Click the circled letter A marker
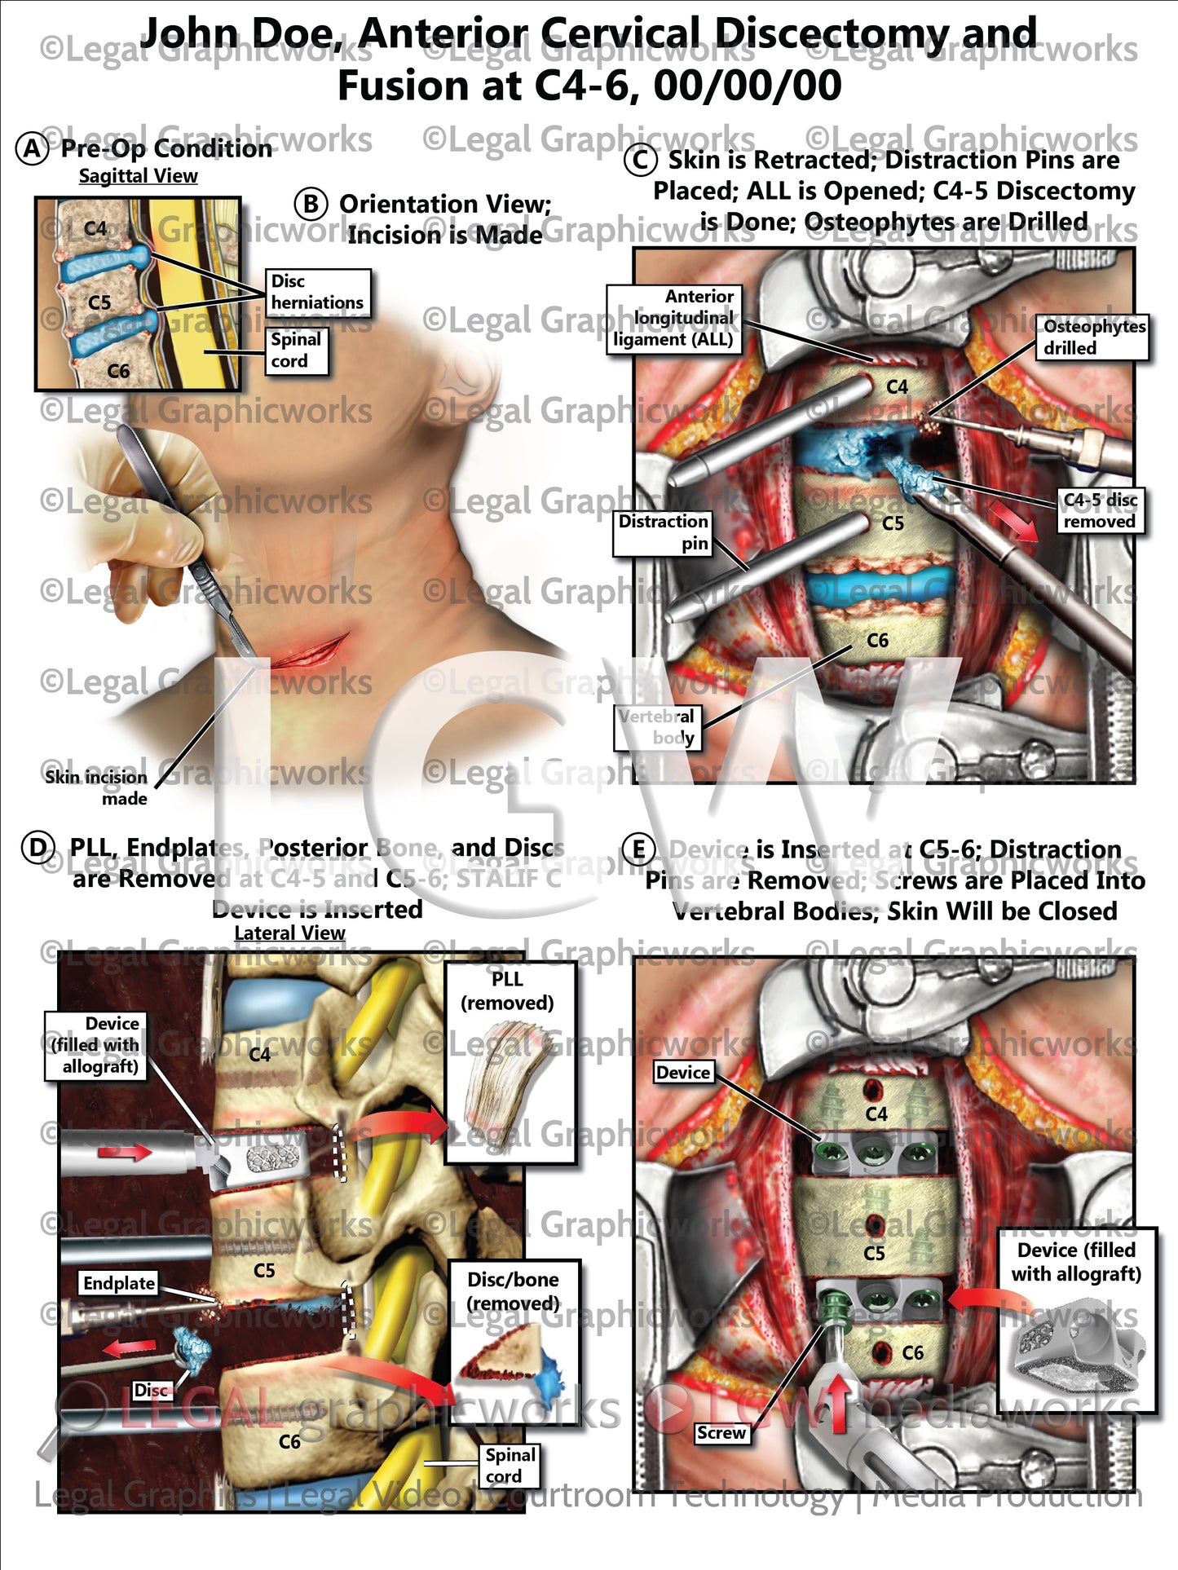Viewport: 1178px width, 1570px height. pos(32,149)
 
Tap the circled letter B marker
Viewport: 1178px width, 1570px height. pos(311,204)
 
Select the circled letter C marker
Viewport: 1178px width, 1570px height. pos(640,161)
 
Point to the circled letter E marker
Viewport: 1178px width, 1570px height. pos(638,850)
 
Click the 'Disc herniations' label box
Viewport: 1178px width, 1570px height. pos(317,293)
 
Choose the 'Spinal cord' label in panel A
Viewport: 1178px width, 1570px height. pos(296,351)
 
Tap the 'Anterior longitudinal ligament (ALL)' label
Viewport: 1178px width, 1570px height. pos(673,319)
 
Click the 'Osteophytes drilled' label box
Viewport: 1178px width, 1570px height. pos(1093,337)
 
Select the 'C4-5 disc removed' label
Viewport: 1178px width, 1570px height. pos(1100,511)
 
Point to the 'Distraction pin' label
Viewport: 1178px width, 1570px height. pos(663,532)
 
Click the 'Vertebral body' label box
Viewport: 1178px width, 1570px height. pos(656,727)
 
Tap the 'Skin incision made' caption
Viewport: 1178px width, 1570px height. pos(96,787)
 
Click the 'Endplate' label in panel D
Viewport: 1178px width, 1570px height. pos(119,1283)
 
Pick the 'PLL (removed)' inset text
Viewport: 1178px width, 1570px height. pos(507,990)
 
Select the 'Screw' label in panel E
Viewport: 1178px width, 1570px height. pos(721,1433)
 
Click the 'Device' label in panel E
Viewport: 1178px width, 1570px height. pos(683,1072)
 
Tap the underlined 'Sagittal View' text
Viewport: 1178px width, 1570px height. pos(138,176)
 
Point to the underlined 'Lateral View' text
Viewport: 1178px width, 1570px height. pos(289,933)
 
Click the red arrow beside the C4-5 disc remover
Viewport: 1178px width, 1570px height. pos(1013,520)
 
